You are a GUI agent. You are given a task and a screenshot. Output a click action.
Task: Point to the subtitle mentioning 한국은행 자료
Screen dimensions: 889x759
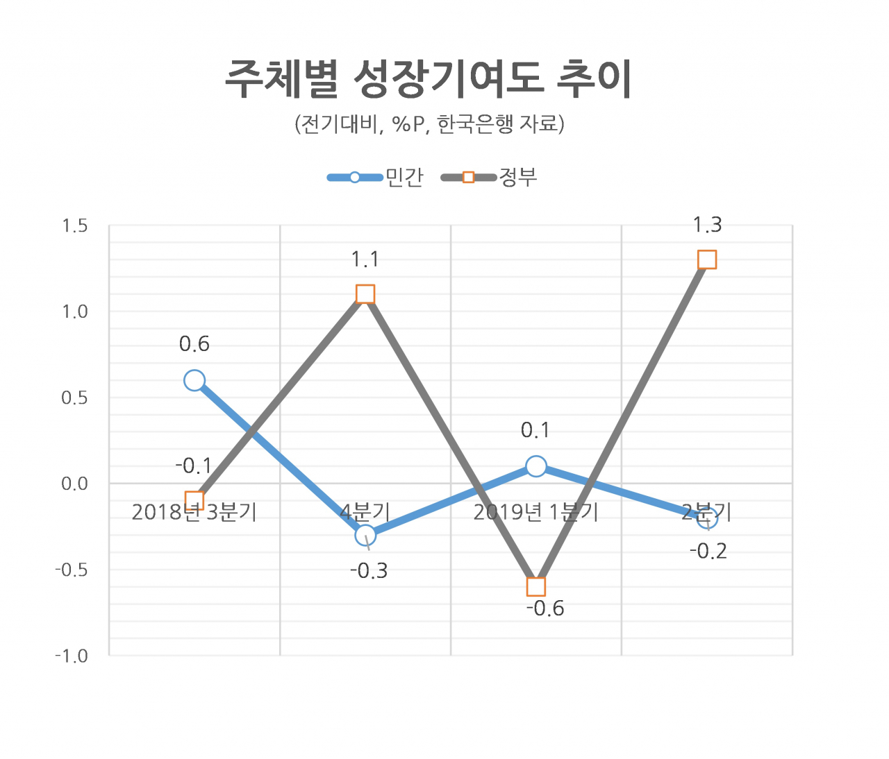[x=429, y=125]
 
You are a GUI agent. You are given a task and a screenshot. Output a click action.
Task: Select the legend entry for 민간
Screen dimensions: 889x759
[x=376, y=177]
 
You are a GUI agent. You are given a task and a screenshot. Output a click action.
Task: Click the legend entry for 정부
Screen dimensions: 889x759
[x=490, y=177]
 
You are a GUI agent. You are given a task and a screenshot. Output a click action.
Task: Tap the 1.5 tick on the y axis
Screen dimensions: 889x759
[x=75, y=226]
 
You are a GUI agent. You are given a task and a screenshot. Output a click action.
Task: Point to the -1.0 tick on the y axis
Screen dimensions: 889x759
[x=72, y=656]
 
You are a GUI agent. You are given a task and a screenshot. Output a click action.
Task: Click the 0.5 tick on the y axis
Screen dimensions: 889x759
[x=74, y=398]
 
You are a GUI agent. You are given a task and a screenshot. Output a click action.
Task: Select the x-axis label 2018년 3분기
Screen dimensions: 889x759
[x=194, y=513]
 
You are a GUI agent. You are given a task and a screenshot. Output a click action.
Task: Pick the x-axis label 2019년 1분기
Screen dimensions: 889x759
[x=536, y=513]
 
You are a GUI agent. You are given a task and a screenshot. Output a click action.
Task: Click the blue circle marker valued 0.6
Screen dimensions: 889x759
[x=194, y=381]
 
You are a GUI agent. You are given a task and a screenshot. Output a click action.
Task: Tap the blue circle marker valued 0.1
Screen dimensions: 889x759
[x=536, y=466]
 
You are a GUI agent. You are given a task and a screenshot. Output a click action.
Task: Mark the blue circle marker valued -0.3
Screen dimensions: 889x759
[x=365, y=535]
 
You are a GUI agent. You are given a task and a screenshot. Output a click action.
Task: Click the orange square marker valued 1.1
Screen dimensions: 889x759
[x=365, y=294]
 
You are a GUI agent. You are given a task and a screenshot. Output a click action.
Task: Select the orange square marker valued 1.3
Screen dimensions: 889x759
[x=707, y=260]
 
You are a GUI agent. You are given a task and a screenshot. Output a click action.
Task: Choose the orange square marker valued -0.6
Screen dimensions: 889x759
[x=536, y=587]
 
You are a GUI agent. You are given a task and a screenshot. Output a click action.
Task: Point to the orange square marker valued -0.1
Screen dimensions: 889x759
[x=194, y=501]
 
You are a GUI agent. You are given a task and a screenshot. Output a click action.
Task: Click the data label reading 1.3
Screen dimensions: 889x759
[x=708, y=225]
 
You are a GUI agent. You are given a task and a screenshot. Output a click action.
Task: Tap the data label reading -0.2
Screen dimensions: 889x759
[x=708, y=552]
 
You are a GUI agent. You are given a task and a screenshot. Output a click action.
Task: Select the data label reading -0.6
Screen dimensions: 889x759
[x=545, y=609]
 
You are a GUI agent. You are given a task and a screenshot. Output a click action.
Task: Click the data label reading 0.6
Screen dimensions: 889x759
[x=194, y=345]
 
